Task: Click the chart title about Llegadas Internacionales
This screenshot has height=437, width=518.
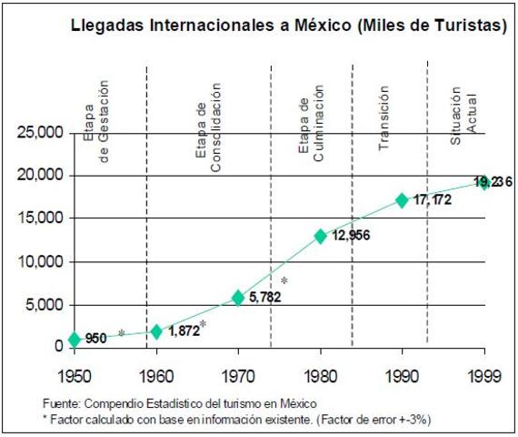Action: pyautogui.click(x=289, y=27)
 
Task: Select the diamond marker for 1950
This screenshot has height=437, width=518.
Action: pyautogui.click(x=75, y=340)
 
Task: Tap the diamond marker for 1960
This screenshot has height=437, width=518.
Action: pyautogui.click(x=156, y=331)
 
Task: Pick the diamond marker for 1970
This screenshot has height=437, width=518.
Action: pyautogui.click(x=238, y=298)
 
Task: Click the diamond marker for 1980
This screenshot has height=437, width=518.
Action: pyautogui.click(x=320, y=236)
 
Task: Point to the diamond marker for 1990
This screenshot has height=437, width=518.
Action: pyautogui.click(x=402, y=200)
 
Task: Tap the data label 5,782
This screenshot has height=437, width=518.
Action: pyautogui.click(x=265, y=298)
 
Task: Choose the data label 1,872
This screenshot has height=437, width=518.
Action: pyautogui.click(x=184, y=331)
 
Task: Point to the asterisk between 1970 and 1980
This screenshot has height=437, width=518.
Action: pyautogui.click(x=284, y=280)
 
